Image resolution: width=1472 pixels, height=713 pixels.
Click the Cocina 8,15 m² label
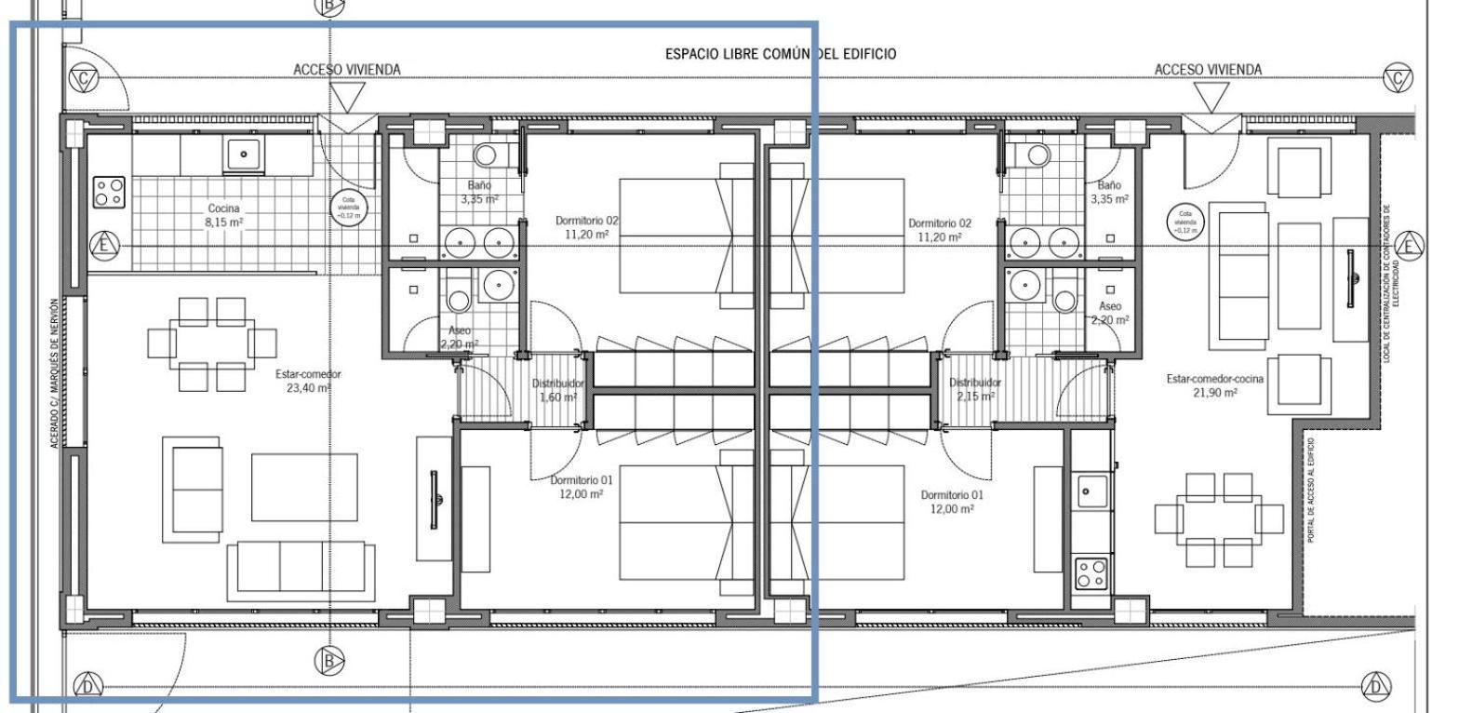tap(223, 215)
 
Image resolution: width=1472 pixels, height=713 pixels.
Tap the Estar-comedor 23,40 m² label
tap(308, 381)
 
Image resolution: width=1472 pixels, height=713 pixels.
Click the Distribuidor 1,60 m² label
tap(557, 390)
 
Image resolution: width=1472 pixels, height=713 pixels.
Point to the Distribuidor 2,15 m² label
tap(974, 389)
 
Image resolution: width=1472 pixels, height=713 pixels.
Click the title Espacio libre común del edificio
tap(780, 54)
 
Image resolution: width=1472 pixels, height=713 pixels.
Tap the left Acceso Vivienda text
tap(346, 70)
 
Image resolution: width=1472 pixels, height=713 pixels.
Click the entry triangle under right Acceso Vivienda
tap(1210, 97)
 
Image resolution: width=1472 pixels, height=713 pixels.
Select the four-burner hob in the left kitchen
tap(109, 192)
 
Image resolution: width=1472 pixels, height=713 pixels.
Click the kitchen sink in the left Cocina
tap(244, 154)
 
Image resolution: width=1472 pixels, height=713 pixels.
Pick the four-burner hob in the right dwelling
tap(1091, 572)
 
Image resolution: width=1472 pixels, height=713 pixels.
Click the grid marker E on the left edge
tap(104, 246)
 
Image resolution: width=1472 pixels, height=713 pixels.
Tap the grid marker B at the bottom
tap(328, 661)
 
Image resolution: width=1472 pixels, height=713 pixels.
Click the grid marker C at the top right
tap(1397, 79)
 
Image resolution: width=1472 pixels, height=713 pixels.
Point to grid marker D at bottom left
tap(87, 686)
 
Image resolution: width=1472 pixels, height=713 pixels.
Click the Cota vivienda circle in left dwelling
tap(348, 208)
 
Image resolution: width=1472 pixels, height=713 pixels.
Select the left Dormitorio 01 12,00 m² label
tap(581, 487)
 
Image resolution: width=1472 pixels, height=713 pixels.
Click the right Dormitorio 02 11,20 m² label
tap(939, 230)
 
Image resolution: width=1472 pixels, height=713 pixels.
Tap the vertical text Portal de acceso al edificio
tap(1310, 491)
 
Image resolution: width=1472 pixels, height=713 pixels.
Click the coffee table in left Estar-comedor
tap(304, 487)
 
